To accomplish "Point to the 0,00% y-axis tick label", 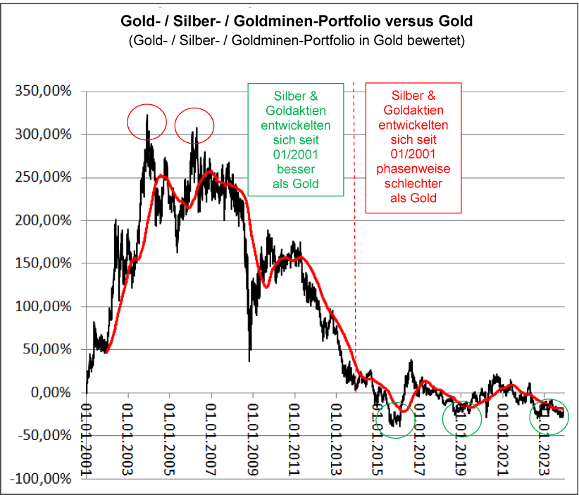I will (x=46, y=392).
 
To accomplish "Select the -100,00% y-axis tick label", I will (x=39, y=479).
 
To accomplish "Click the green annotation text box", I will (x=295, y=139).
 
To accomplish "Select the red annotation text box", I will (x=413, y=147).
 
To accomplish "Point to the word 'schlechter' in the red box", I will (x=413, y=184).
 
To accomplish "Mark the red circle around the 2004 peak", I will (x=147, y=123).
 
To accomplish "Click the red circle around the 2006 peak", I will (x=194, y=125).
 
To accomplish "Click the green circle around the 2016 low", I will (x=396, y=418).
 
